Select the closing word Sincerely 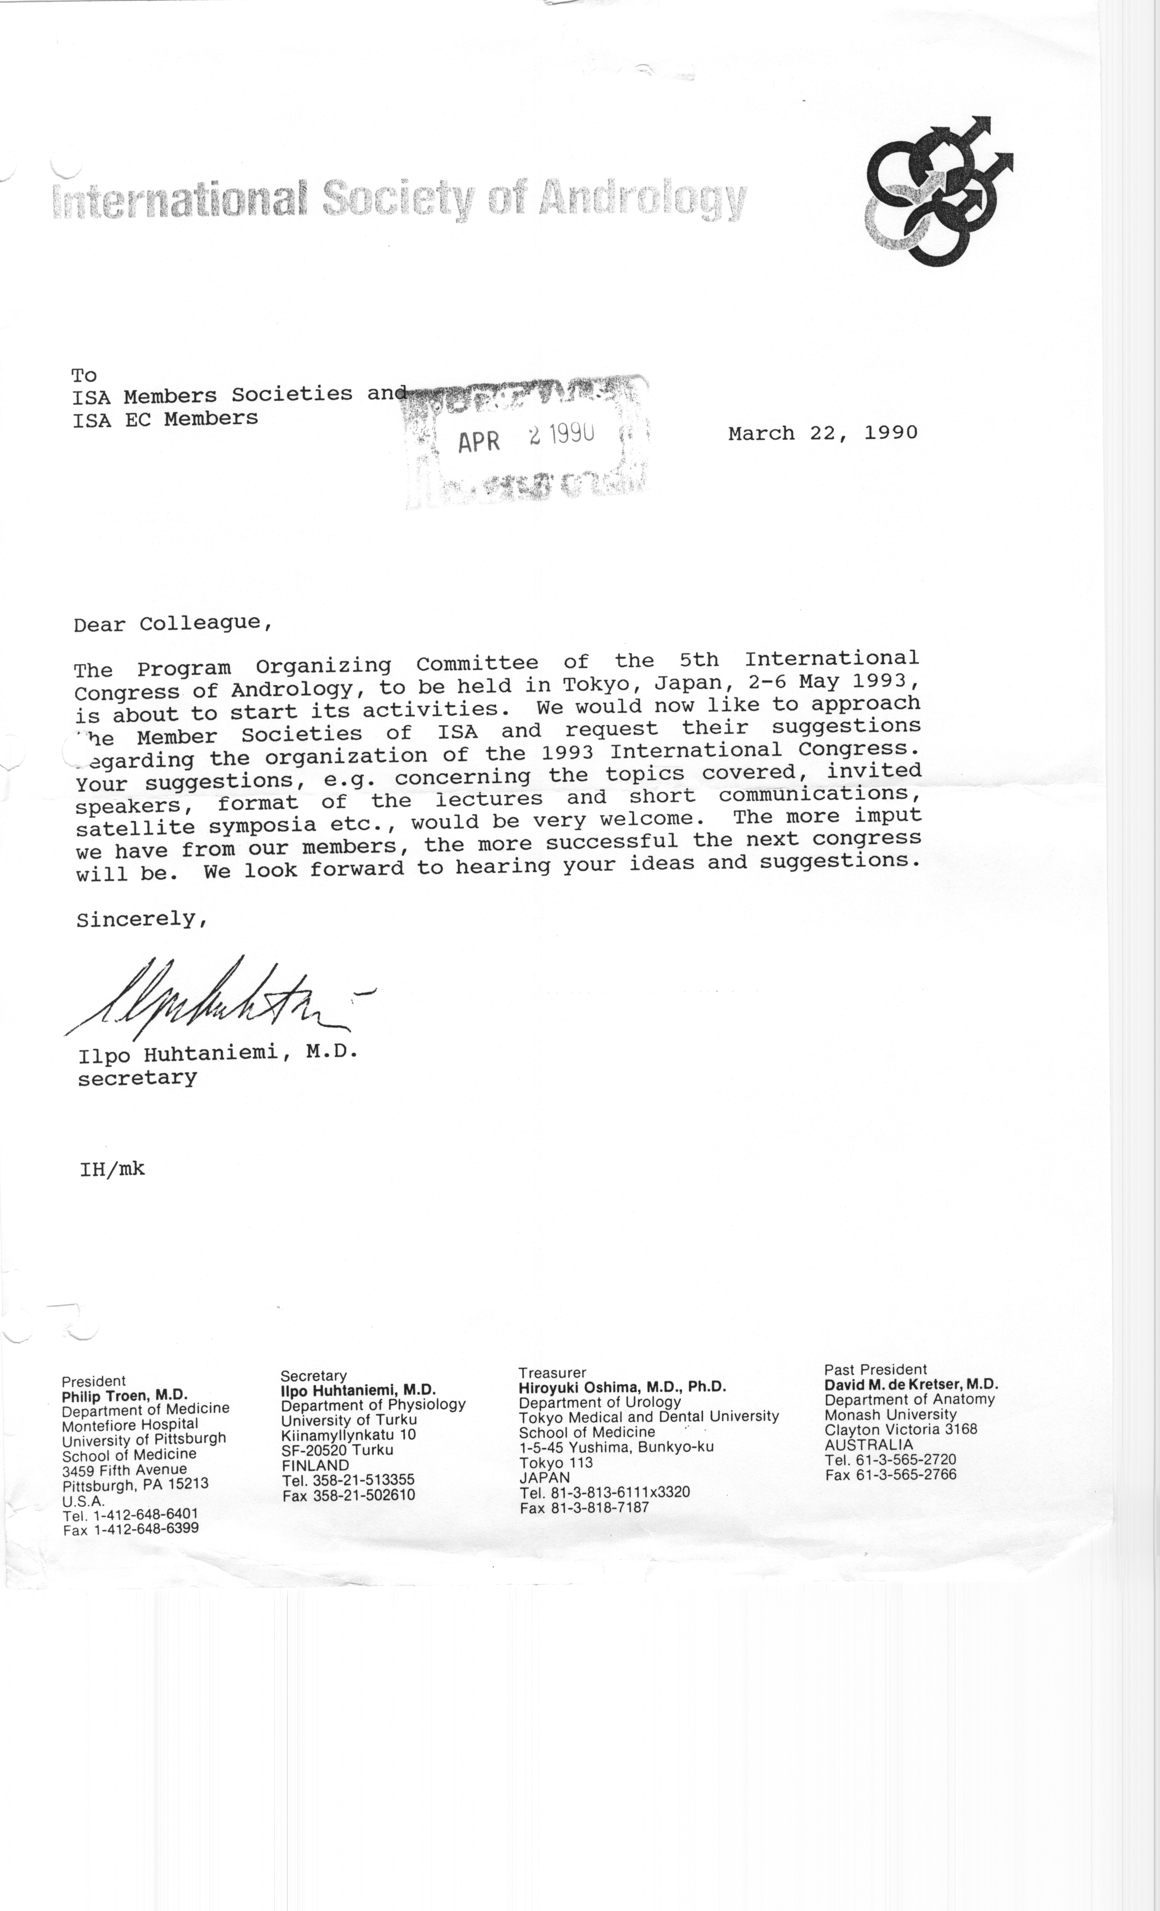point(142,919)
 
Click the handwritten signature point(217,1001)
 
